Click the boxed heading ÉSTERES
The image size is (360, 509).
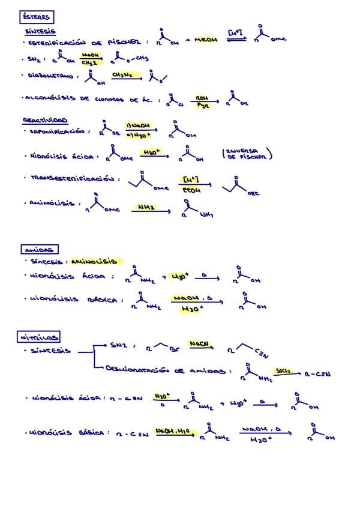35,18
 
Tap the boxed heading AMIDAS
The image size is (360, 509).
39,249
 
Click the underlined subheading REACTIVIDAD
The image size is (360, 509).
45,120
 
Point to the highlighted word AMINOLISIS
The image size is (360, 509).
96,262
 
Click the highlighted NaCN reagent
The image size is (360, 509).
198,344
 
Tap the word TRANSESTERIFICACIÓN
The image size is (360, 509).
72,178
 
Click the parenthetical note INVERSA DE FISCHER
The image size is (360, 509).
247,154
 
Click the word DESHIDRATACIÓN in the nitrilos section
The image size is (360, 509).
136,372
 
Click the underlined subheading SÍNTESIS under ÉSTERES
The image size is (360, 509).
40,31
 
